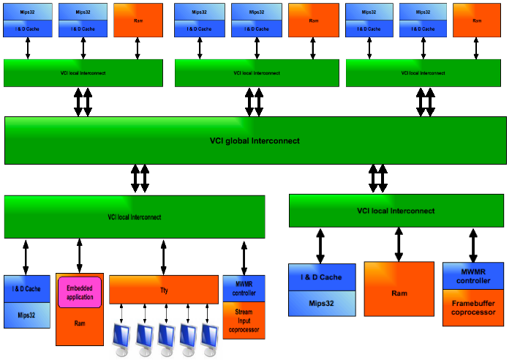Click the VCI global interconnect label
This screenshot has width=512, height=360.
pos(255,140)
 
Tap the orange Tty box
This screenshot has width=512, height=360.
pos(164,290)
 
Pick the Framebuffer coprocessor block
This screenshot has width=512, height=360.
pos(473,307)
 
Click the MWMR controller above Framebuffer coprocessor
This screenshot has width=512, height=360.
pos(473,275)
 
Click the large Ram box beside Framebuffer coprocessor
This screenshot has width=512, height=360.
pos(399,293)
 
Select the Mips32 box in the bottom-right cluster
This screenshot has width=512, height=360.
pos(322,303)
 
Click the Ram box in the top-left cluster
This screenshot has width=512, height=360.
pos(138,20)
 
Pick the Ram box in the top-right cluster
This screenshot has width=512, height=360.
pos(477,20)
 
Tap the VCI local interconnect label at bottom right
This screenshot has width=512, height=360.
pos(396,211)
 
